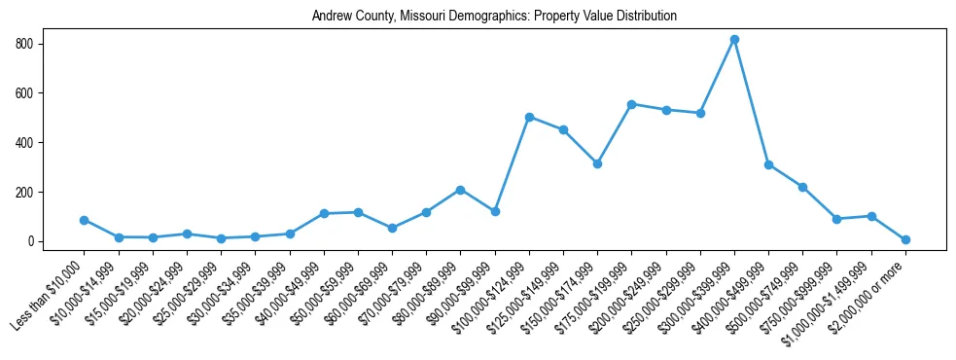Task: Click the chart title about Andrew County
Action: (494, 17)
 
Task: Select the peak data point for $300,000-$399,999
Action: (734, 39)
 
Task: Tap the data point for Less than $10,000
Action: (85, 220)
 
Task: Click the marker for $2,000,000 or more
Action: (905, 239)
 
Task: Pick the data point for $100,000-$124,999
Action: (529, 117)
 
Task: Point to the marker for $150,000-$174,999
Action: (597, 163)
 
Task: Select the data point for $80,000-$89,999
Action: (460, 190)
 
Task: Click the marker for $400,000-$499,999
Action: (768, 164)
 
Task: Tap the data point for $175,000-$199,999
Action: (631, 104)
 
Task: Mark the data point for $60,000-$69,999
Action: (392, 228)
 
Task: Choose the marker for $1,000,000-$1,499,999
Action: (871, 216)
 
